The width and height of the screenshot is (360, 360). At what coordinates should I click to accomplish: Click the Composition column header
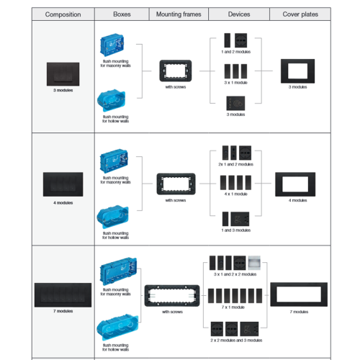coord(63,14)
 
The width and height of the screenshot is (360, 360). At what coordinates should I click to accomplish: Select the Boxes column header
coord(122,14)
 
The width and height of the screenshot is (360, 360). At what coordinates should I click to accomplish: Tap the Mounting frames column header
coord(179,14)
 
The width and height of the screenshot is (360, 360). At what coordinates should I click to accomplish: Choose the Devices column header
coord(239,14)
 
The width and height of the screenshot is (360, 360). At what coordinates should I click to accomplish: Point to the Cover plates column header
coord(300,14)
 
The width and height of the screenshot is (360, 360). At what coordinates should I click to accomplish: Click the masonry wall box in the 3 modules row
coord(112,45)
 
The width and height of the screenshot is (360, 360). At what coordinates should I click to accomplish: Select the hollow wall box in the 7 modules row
coord(117,327)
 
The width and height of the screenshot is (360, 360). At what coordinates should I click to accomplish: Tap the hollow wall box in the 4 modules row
coord(113,217)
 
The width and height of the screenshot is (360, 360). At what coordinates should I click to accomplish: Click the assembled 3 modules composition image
coord(63,74)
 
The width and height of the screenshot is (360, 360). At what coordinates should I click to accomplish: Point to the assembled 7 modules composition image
coord(63,295)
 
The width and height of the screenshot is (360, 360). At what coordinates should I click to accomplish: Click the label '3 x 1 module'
coord(235,83)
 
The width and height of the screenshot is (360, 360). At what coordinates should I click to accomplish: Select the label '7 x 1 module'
coord(233,307)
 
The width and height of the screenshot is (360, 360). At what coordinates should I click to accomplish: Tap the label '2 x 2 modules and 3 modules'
coord(236,341)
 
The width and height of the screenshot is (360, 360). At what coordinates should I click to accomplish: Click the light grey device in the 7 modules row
coord(254,263)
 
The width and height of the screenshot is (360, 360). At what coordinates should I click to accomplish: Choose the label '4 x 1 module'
coord(235,194)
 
